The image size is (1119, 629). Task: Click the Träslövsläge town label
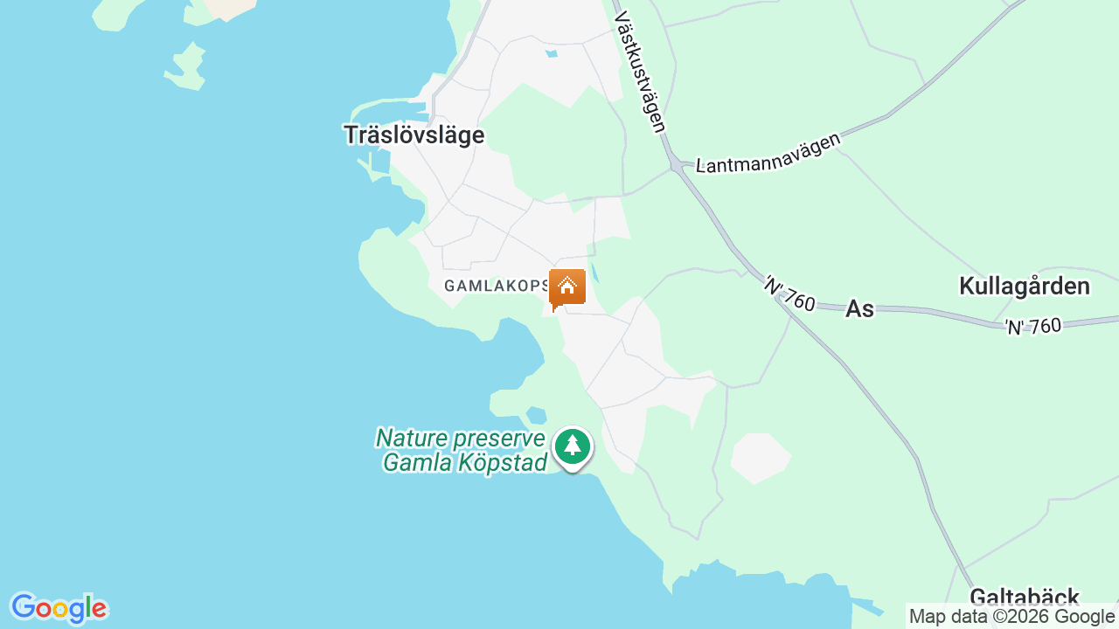[x=414, y=135]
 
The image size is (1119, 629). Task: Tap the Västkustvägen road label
[x=640, y=72]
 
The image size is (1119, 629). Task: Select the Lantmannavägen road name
[x=768, y=153]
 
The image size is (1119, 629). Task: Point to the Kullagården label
[x=1024, y=287]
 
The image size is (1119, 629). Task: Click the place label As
[x=859, y=308]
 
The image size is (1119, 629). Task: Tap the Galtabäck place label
[x=1024, y=598]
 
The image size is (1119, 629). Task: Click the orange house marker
[x=567, y=287]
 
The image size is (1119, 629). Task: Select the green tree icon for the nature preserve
[x=573, y=446]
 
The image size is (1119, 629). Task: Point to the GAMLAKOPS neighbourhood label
[x=495, y=286]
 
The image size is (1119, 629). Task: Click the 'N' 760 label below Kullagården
[x=1032, y=327]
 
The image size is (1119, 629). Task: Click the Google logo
[x=59, y=608]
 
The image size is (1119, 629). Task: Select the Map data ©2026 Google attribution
[x=1011, y=617]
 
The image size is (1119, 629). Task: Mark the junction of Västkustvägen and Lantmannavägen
[x=676, y=164]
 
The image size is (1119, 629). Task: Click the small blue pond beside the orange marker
[x=594, y=273]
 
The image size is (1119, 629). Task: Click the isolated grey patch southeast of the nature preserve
[x=760, y=457]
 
